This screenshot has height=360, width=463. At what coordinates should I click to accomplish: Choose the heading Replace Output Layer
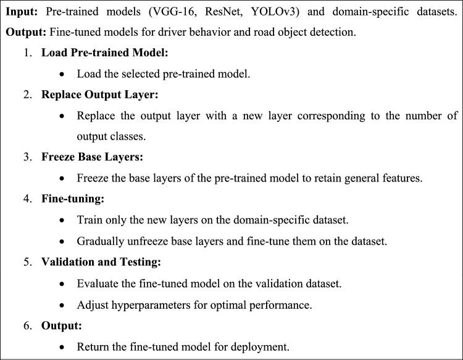pyautogui.click(x=100, y=94)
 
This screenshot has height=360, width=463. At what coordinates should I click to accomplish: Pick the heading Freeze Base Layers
pyautogui.click(x=92, y=157)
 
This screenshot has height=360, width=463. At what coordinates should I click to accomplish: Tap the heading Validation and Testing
pyautogui.click(x=101, y=262)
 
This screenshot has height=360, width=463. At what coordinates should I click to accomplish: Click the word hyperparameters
pyautogui.click(x=146, y=304)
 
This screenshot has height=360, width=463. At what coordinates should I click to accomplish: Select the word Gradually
pyautogui.click(x=100, y=241)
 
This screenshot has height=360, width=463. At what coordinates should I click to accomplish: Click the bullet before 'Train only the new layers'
pyautogui.click(x=62, y=220)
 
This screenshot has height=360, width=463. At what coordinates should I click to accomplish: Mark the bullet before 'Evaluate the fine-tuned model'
pyautogui.click(x=62, y=283)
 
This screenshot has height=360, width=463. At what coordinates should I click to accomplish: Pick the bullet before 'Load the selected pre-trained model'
pyautogui.click(x=62, y=74)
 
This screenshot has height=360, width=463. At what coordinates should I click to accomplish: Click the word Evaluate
pyautogui.click(x=98, y=283)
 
